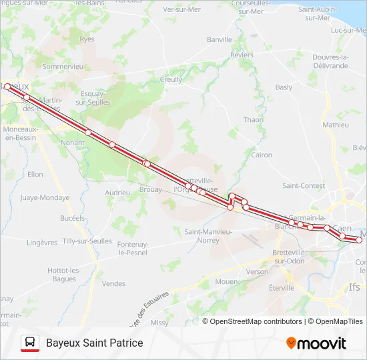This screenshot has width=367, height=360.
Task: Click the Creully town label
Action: click(171, 79)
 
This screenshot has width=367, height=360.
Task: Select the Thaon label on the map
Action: click(254, 119)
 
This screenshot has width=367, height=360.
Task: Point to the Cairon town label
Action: click(262, 155)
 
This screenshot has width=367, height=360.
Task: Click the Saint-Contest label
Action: click(304, 185)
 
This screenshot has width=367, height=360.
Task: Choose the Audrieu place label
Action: click(117, 192)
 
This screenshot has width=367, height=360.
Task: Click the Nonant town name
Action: click(73, 142)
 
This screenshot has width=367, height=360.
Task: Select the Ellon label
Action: click(35, 175)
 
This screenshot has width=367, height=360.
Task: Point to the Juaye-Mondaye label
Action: click(45, 197)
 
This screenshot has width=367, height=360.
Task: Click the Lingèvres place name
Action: click(42, 243)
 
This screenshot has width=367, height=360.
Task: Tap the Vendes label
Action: click(113, 283)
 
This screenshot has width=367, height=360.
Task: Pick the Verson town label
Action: click(257, 272)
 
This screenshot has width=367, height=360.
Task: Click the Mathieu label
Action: click(335, 125)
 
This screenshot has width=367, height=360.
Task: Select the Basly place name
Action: click(284, 87)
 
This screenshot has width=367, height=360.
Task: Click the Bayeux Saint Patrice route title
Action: click(94, 343)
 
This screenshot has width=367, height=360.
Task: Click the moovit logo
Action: click(316, 343)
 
